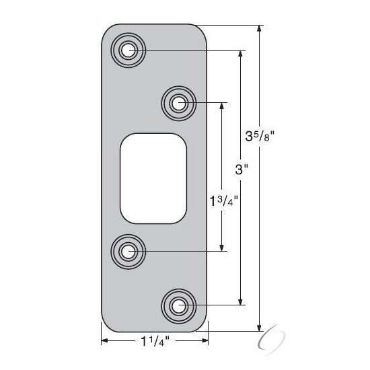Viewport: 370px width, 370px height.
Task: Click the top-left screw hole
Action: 128,50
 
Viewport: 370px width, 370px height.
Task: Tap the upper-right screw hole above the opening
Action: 179,103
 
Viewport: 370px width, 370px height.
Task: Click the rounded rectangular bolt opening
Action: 153,178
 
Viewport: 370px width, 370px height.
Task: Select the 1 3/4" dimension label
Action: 224,200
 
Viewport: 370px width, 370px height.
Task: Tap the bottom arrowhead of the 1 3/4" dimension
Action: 222,248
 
